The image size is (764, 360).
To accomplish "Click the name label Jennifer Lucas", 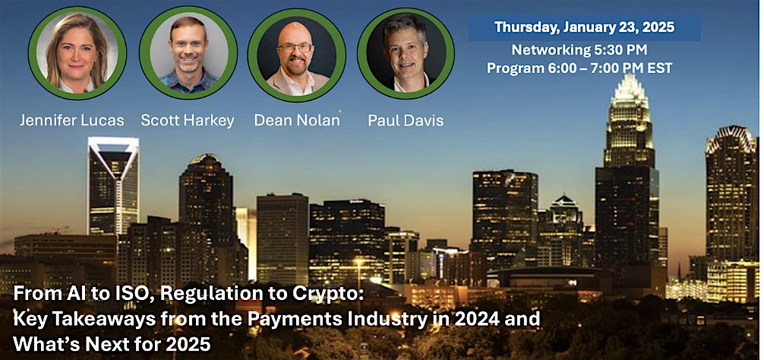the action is [71, 120].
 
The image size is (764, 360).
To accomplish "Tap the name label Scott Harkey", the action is [188, 120].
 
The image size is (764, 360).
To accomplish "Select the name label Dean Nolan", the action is [297, 120].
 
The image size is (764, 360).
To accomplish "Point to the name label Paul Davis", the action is [406, 120].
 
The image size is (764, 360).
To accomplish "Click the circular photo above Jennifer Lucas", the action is [77, 52].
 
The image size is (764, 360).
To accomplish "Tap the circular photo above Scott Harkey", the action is [188, 52].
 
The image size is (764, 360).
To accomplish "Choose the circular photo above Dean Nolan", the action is [297, 55].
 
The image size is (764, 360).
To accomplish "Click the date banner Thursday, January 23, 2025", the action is [585, 27].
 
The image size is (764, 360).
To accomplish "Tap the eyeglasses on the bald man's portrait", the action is [295, 48].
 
